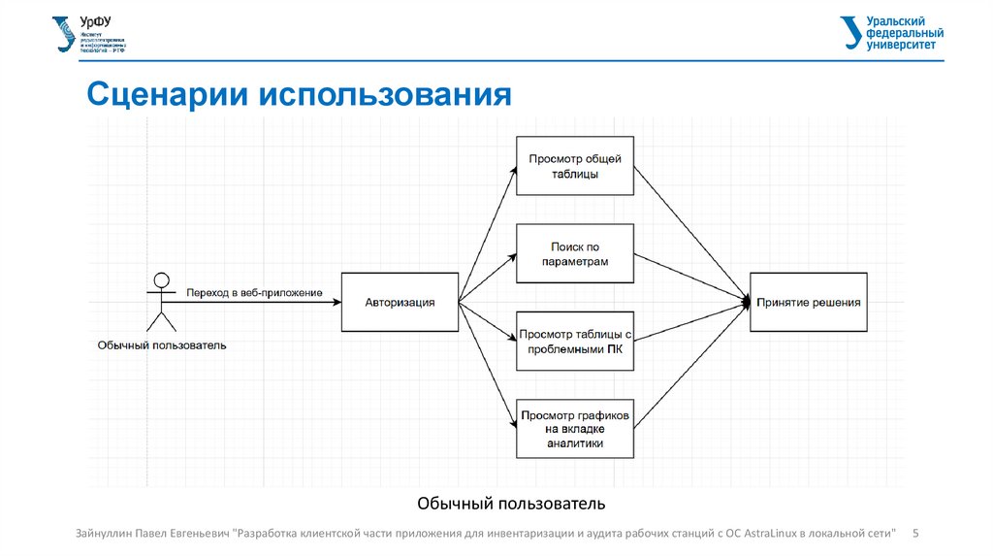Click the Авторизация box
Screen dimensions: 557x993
click(x=400, y=303)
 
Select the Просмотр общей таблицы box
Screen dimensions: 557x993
click(x=575, y=166)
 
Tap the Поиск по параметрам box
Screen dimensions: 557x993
click(x=575, y=254)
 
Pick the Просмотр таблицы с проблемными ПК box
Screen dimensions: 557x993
click(x=575, y=342)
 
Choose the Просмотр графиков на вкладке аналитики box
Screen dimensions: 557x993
click(x=575, y=428)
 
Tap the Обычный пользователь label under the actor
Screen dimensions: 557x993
click(x=162, y=344)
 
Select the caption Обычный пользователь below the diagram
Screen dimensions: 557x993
click(x=511, y=503)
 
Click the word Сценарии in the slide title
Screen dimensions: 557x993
click(x=166, y=95)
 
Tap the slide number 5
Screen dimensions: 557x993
click(x=916, y=533)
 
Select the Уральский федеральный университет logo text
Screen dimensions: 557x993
click(x=894, y=32)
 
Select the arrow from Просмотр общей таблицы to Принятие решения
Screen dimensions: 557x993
click(x=692, y=233)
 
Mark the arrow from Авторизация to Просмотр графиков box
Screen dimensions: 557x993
click(x=487, y=365)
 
